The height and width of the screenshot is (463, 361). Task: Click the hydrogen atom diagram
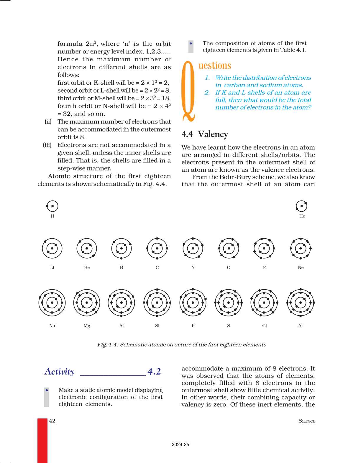coord(52,206)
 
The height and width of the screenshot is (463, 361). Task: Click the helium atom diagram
coord(301,206)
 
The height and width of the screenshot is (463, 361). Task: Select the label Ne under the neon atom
coord(301,267)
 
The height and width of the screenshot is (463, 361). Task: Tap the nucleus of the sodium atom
coord(52,303)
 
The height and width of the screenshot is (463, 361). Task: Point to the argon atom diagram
coord(301,303)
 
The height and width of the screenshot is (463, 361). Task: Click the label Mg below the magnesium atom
coord(87,326)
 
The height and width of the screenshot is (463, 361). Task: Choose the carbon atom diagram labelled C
coord(157,248)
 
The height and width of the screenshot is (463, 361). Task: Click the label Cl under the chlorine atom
coord(264,326)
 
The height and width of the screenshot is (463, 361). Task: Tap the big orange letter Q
coord(189,91)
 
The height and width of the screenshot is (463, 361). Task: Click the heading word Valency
coord(213,134)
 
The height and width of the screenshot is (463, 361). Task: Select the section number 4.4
coord(187,134)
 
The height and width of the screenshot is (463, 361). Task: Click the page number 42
coord(52,421)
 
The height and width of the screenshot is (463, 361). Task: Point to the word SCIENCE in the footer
coord(307,421)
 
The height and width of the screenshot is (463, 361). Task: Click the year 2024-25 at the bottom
coord(180,445)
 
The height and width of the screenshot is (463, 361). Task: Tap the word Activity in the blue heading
coord(60,372)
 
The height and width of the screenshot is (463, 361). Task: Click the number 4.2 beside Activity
coord(154,372)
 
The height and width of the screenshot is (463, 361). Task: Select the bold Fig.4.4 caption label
coord(108,344)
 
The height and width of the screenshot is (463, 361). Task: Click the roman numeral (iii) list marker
coord(47,145)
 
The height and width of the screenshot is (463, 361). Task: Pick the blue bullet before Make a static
coord(47,390)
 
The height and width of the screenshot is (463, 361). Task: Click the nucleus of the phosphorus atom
coord(193,303)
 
